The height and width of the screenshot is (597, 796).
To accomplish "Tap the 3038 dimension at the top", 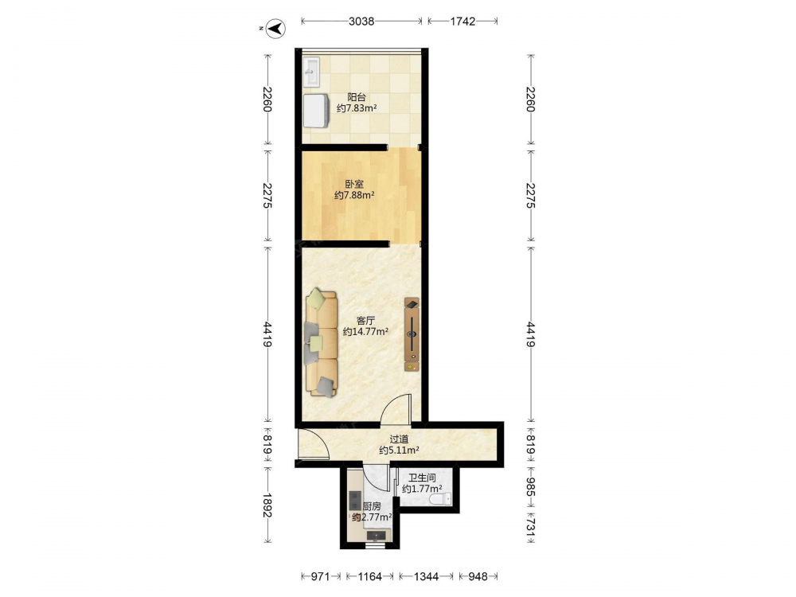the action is click(x=361, y=21).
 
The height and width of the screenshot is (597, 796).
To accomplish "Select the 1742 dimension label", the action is click(x=462, y=21).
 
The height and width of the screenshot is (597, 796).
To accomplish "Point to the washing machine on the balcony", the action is click(x=317, y=110).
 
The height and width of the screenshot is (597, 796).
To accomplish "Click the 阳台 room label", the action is click(x=357, y=97).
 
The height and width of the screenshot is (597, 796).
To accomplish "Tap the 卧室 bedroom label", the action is click(x=354, y=184).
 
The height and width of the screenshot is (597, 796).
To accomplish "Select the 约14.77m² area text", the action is click(x=365, y=332).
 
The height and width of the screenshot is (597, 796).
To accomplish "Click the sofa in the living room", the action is click(x=322, y=342).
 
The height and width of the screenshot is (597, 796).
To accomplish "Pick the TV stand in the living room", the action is click(x=412, y=334).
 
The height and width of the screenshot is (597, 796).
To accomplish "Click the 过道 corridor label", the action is click(x=399, y=439).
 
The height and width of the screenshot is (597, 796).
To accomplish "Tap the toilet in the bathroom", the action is click(x=439, y=500).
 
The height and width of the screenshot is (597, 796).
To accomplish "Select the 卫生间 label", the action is click(x=422, y=478).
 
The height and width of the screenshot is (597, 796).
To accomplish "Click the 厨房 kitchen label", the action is click(x=372, y=506).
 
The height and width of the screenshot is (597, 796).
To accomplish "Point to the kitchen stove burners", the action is click(x=354, y=500).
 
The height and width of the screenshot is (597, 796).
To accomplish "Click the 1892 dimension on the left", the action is click(x=267, y=505).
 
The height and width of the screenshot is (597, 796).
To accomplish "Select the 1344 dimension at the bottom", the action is click(x=426, y=576).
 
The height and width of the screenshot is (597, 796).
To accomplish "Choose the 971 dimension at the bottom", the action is click(x=320, y=576).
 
